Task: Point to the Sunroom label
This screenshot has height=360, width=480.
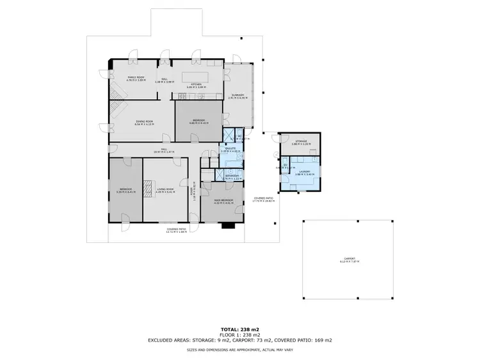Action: pyautogui.click(x=238, y=96)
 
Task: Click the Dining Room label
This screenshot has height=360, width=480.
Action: pyautogui.click(x=144, y=121)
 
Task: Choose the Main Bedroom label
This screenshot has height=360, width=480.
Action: pyautogui.click(x=223, y=200)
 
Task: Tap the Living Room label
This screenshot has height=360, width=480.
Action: pyautogui.click(x=166, y=189)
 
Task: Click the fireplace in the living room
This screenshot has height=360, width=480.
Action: pyautogui.click(x=147, y=187)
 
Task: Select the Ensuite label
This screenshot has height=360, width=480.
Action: pyautogui.click(x=230, y=149)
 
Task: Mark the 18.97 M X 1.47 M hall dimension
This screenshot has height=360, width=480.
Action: pyautogui.click(x=164, y=153)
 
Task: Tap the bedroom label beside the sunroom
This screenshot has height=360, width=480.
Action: pyautogui.click(x=199, y=120)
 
